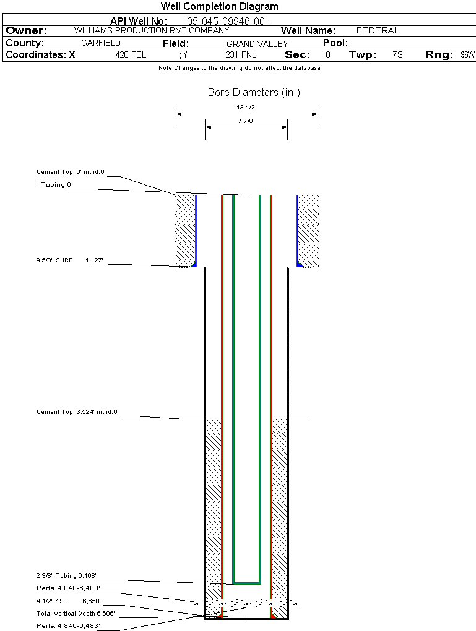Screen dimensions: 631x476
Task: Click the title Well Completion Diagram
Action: coord(220,7)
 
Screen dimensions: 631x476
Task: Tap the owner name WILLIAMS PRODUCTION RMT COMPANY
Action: coord(151,30)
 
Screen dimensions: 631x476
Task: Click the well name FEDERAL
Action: coord(378,30)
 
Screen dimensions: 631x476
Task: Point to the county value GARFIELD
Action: coord(101,43)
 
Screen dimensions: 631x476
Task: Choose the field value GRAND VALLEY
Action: coord(257,44)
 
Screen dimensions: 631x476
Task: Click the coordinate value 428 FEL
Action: coord(131,55)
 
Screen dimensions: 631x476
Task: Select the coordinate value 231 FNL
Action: coord(241,55)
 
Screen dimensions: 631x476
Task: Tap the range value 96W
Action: coord(467,55)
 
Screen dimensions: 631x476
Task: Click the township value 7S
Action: coord(397,55)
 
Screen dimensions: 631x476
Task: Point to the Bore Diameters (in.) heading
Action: coord(254,93)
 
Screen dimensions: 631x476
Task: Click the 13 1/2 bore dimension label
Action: coord(246,108)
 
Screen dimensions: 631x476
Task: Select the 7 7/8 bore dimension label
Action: coord(246,121)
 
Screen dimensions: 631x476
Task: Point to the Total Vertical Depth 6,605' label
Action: coord(76,613)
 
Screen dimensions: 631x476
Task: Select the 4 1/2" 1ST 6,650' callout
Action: coord(68,601)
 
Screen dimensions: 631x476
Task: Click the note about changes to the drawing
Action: coord(239,68)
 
